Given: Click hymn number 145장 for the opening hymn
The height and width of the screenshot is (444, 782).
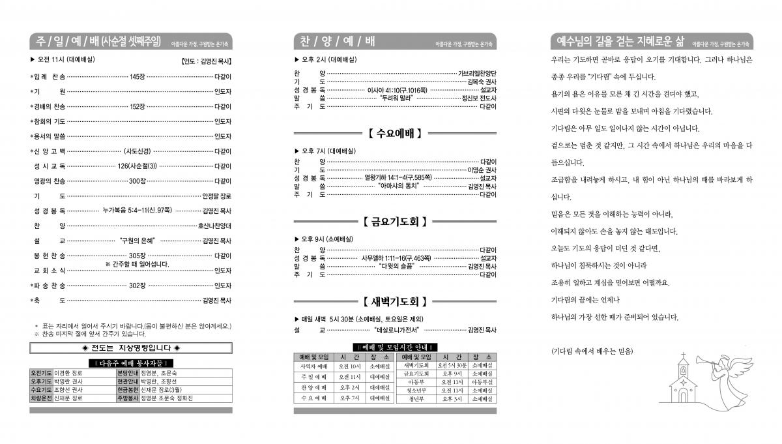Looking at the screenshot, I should coord(137,76).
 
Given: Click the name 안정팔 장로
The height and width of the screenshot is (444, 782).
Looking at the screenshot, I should coord(217,196).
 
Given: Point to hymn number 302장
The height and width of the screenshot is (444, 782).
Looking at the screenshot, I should coord(137,286).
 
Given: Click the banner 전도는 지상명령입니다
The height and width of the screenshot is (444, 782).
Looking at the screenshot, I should coord(131,348).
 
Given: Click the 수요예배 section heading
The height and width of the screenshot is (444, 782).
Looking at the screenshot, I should coord(394,134).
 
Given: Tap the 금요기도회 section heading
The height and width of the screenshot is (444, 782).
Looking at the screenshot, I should coord(394,222).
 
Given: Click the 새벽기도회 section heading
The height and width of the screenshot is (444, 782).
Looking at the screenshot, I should coord(394,301).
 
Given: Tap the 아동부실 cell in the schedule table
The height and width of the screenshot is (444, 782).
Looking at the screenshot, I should coord(482,382).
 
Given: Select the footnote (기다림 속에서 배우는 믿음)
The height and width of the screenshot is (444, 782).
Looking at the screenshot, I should coord(592,351).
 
